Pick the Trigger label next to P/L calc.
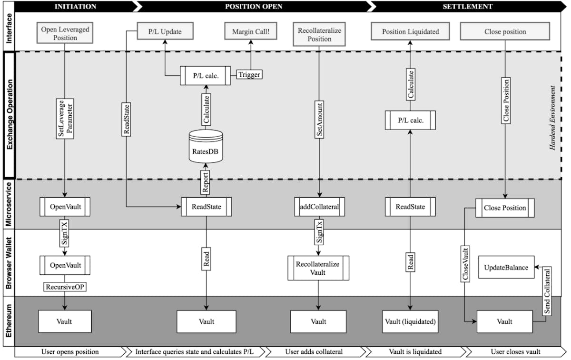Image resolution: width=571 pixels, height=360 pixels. point(250,74)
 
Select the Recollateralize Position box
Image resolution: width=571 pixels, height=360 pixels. point(319,35)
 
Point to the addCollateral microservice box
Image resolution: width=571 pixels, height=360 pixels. point(319,207)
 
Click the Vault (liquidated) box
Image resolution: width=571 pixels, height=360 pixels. point(409,321)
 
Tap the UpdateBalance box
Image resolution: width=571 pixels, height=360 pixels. point(506,267)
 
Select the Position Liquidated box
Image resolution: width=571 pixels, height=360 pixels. point(410,32)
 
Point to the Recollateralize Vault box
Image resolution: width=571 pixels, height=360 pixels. point(318,268)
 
